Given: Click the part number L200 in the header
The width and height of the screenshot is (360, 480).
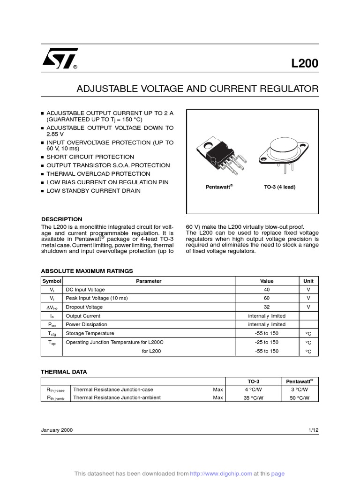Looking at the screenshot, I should coord(304,63).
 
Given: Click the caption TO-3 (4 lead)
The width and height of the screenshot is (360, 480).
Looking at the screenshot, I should coord(279,187).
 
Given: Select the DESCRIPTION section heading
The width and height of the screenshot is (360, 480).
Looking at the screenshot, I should coord(61,219).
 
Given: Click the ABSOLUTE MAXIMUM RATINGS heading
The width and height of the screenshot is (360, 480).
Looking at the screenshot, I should coord(87,271).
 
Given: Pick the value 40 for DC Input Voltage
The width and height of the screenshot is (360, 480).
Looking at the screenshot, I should coord(267,290).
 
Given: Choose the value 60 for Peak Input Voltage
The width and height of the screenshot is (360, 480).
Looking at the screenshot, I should coord(267,298).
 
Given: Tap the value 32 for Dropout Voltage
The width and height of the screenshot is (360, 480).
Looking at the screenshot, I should coord(267,307).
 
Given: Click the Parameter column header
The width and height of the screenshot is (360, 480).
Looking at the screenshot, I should coord(149,281).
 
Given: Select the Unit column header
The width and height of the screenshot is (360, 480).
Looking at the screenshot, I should coord(308,281).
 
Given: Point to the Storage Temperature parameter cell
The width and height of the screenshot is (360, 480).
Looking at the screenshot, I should coord(90,333).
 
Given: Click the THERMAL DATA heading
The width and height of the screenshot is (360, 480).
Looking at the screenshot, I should coord(64,372).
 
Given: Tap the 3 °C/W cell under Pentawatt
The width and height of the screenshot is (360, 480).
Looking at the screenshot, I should coord(299,390).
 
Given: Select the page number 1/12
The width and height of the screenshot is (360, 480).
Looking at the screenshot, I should coord(313,430).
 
